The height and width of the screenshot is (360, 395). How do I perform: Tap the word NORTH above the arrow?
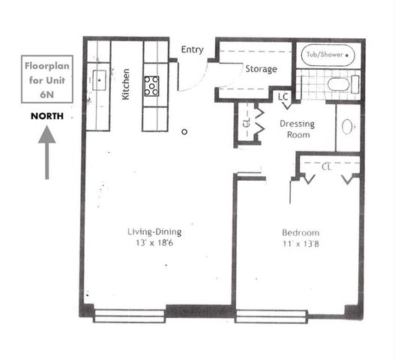(46, 116)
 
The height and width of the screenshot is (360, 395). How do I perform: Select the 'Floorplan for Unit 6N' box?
(47, 79)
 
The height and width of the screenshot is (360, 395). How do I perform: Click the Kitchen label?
(126, 84)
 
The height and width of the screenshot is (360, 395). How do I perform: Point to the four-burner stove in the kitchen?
(152, 85)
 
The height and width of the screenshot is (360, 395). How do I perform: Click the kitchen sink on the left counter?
(98, 79)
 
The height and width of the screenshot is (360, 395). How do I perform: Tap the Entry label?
(192, 50)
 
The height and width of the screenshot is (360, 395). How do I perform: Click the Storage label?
(261, 69)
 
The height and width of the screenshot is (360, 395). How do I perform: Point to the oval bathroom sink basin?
(348, 127)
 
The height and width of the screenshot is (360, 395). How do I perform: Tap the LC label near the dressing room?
(283, 97)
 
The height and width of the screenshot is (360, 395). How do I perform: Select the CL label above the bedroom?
(326, 166)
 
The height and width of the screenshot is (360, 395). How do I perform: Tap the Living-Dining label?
(154, 232)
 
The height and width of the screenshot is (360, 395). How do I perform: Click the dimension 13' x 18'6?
(154, 243)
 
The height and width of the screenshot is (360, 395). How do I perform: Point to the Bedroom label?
(300, 232)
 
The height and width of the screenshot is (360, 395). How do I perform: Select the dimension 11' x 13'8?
(300, 244)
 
